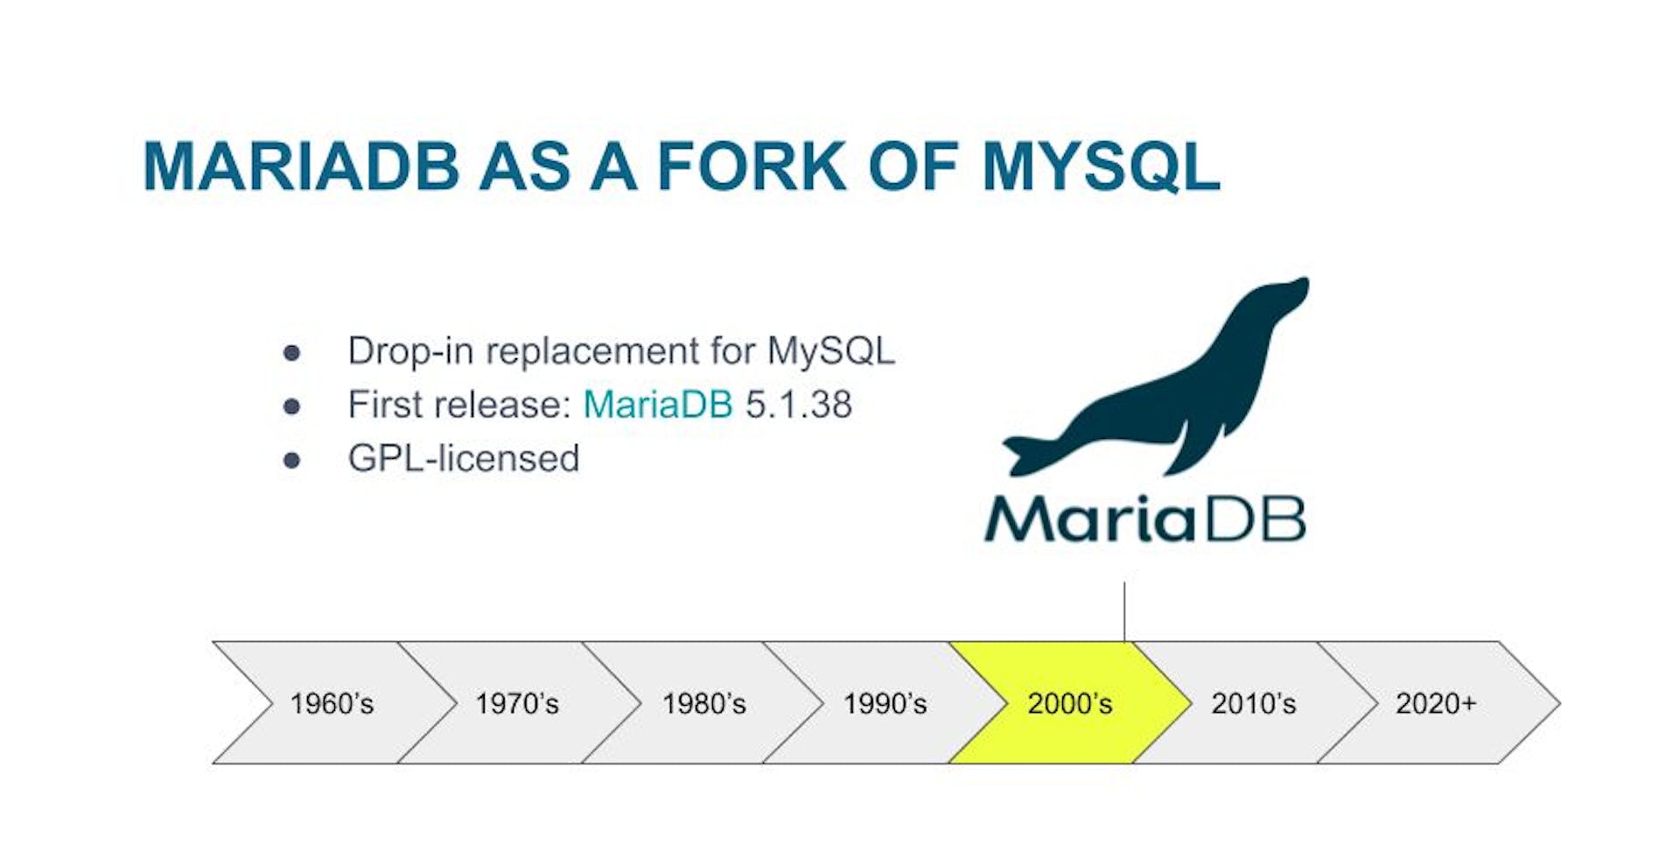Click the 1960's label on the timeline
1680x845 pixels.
[332, 703]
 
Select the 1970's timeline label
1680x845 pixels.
[516, 703]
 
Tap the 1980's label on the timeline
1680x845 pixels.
[703, 703]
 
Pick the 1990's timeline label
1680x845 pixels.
[885, 703]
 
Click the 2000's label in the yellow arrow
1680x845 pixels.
[1069, 703]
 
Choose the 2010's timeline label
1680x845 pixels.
[1253, 703]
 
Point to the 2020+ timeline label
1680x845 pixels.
[1436, 703]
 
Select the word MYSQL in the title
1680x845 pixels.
[1101, 166]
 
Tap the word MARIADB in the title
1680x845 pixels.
[301, 166]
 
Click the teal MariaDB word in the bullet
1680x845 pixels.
[657, 405]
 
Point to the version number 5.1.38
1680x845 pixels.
[798, 405]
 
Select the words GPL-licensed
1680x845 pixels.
[464, 459]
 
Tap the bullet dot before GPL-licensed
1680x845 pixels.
[291, 461]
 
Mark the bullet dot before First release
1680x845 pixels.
[291, 406]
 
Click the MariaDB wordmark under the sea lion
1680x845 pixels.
[1144, 519]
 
